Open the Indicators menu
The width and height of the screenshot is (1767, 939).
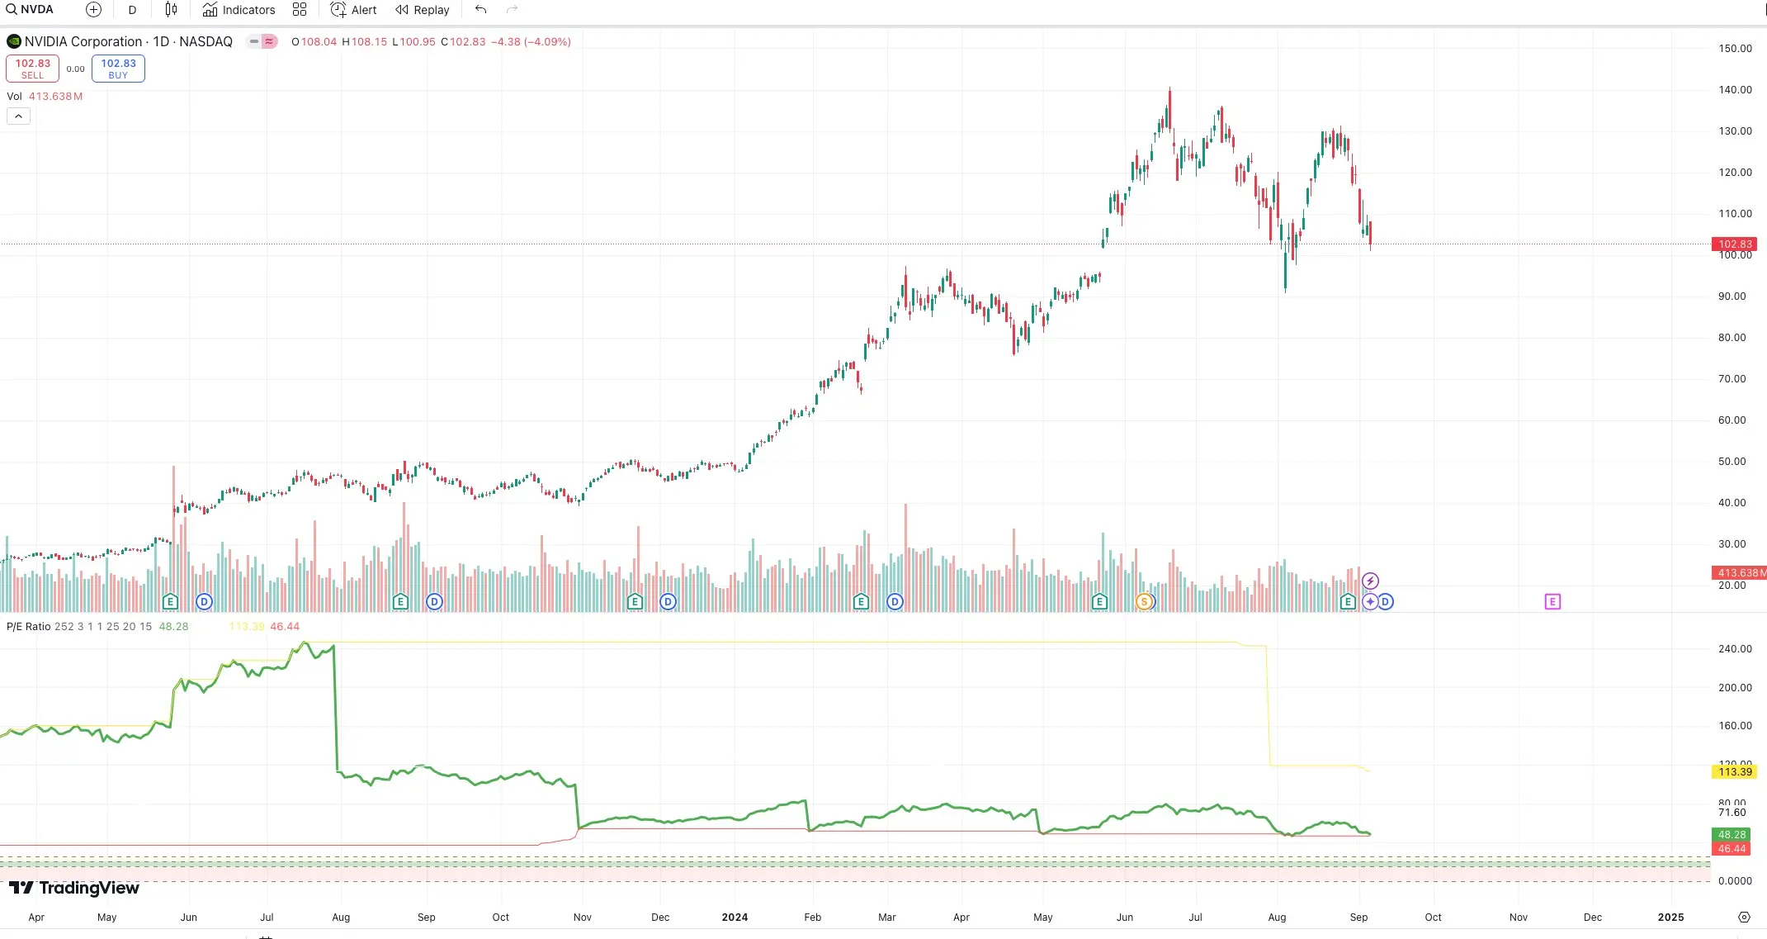click(x=239, y=10)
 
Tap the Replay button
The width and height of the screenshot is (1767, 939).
click(x=422, y=10)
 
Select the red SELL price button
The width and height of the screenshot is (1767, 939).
click(x=33, y=69)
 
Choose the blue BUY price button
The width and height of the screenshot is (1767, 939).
click(x=118, y=69)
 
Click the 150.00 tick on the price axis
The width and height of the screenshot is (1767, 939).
click(x=1735, y=49)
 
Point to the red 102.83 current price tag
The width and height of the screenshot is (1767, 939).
click(x=1734, y=244)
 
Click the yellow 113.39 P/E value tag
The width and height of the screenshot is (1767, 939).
click(x=1734, y=772)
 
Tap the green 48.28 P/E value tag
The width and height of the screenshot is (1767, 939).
click(x=1732, y=835)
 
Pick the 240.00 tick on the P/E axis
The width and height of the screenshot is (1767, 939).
click(x=1735, y=649)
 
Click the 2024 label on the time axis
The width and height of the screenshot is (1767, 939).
click(x=735, y=918)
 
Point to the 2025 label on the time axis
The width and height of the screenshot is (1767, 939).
click(x=1670, y=918)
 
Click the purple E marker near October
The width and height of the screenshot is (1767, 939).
click(x=1552, y=602)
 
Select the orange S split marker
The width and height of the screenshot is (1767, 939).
click(x=1144, y=602)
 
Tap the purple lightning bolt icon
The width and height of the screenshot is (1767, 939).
click(x=1370, y=581)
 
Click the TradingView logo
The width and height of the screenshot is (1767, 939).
click(x=74, y=888)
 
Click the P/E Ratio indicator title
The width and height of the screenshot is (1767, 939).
click(x=29, y=627)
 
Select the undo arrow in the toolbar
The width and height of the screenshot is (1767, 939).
click(x=480, y=10)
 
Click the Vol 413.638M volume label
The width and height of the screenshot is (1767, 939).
click(x=45, y=97)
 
